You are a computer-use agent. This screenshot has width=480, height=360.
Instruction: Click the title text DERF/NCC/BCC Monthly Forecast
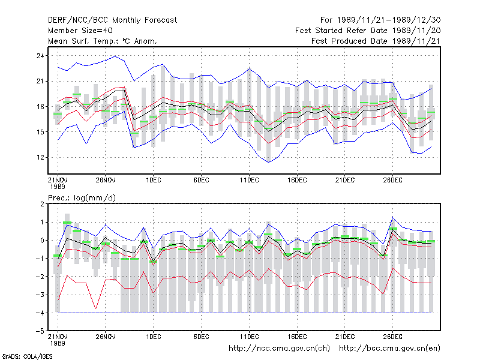pos(112,20)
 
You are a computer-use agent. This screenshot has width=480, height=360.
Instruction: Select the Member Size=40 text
pos(80,31)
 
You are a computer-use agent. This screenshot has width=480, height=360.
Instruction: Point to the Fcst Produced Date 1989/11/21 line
pos(376,41)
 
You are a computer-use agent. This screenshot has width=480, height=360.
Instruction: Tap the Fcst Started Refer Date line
pos(368,31)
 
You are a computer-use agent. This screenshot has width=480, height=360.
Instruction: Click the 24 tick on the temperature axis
pos(40,56)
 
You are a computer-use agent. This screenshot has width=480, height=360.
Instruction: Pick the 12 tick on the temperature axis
pos(40,157)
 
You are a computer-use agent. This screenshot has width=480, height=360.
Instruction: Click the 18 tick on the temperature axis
pos(40,107)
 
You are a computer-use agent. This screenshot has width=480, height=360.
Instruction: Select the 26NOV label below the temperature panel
pos(106,180)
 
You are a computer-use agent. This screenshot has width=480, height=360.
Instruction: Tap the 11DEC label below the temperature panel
pos(249,180)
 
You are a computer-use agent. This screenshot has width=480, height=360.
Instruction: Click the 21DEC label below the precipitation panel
pos(344,337)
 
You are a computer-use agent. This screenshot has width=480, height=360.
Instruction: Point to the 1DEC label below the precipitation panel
pos(154,337)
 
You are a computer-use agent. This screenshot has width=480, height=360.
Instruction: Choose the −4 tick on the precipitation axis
pos(40,313)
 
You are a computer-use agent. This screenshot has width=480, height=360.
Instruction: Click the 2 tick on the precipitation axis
pos(42,204)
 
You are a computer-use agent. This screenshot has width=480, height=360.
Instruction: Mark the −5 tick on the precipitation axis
pos(40,331)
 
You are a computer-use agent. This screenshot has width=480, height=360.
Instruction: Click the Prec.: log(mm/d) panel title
pos(82,198)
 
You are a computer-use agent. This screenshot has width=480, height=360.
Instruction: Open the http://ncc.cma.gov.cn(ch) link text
pos(279,349)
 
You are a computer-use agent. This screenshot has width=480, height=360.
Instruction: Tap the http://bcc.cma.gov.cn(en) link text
pos(389,349)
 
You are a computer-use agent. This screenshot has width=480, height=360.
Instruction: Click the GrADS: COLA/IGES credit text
pos(27,356)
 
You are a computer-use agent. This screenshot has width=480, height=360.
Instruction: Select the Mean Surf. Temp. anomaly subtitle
pos(103,41)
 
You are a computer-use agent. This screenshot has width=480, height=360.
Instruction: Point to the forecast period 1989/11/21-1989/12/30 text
pos(389,20)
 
